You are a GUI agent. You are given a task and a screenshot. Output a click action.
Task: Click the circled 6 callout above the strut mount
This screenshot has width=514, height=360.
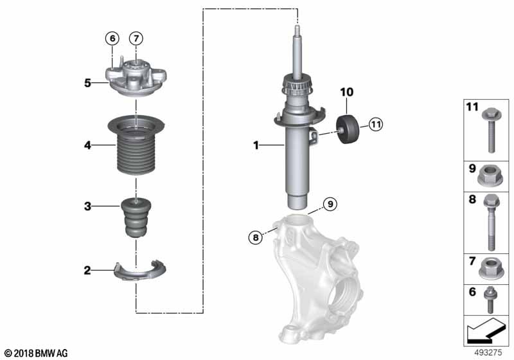[112, 39]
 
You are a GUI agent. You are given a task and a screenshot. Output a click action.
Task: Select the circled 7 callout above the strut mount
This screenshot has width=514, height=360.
[136, 39]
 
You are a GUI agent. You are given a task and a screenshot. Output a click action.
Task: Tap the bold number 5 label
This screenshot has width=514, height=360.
[87, 82]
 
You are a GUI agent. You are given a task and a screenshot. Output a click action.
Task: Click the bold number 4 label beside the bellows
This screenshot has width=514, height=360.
[87, 146]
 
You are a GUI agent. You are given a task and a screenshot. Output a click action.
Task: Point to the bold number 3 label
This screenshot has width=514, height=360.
[87, 206]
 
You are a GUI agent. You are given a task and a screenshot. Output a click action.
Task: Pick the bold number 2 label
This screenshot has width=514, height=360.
[87, 271]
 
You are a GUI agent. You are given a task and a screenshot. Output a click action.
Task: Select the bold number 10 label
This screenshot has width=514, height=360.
[347, 93]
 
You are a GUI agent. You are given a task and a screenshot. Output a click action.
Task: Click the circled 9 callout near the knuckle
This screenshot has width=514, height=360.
[330, 204]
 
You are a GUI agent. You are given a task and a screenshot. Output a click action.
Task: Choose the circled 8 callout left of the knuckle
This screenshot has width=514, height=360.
[256, 237]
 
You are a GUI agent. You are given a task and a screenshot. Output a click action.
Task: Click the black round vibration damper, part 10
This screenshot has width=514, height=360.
[350, 130]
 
